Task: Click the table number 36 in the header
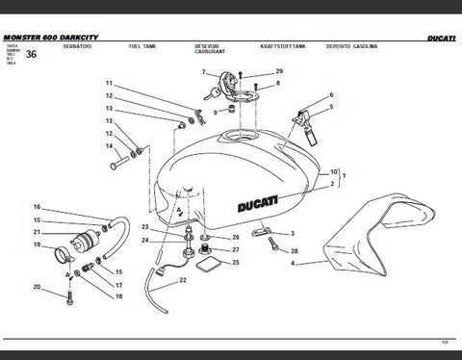(x=33, y=55)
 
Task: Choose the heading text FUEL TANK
(x=142, y=46)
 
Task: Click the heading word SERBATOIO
(x=76, y=46)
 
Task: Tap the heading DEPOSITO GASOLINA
(x=350, y=46)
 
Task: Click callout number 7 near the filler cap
(x=203, y=73)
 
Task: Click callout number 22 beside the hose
(x=182, y=281)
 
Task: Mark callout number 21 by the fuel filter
(x=38, y=232)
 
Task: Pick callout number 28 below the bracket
(x=294, y=251)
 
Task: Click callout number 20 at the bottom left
(x=38, y=287)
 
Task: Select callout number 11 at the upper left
(x=109, y=84)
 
